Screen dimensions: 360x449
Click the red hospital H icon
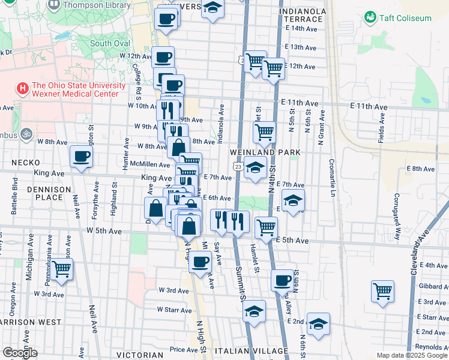coord(23,89)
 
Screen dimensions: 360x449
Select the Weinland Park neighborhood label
coord(265,153)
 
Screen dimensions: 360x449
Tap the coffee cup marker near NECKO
coord(82,157)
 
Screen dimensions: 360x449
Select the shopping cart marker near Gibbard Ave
coord(382,292)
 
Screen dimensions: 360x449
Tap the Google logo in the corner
coord(20,353)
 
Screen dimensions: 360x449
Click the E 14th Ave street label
coord(301,28)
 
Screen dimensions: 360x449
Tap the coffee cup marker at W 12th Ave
coord(163,58)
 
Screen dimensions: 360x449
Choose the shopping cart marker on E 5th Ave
coord(266,227)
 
